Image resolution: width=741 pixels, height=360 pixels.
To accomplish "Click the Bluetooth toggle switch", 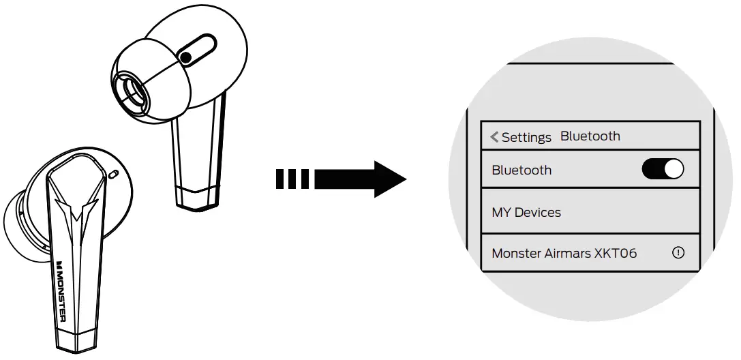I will click(x=663, y=169).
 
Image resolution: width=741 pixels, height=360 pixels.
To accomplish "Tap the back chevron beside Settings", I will click(x=494, y=137).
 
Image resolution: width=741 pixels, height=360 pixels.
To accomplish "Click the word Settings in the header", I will click(x=526, y=137).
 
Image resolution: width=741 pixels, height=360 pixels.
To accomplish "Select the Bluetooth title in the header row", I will click(x=590, y=136).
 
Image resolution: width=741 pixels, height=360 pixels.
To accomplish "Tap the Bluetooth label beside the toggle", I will click(x=521, y=170).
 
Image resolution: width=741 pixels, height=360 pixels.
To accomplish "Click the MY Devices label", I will click(x=526, y=212).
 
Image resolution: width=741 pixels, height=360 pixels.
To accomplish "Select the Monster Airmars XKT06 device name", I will click(x=564, y=253).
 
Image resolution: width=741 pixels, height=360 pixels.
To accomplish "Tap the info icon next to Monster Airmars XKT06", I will click(x=678, y=252).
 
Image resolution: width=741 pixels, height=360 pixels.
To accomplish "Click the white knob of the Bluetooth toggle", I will click(x=673, y=169).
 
